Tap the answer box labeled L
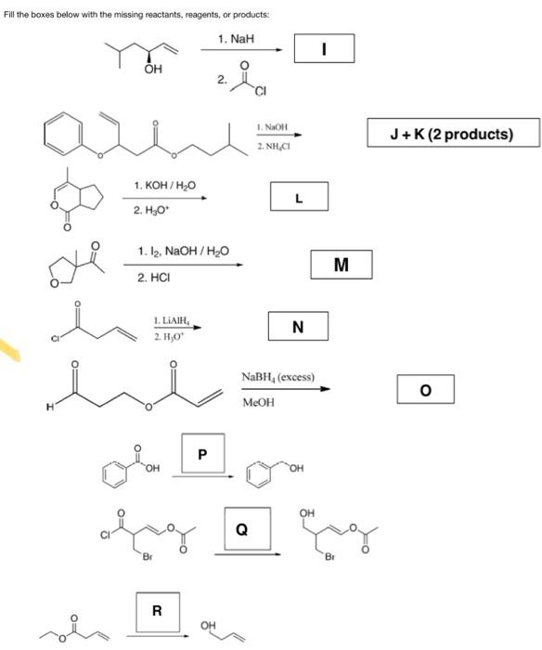pyautogui.click(x=298, y=197)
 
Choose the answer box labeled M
pyautogui.click(x=341, y=265)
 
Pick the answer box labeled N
pyautogui.click(x=297, y=326)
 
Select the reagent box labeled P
pyautogui.click(x=201, y=456)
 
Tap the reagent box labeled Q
pyautogui.click(x=242, y=530)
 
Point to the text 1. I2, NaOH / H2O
pyautogui.click(x=183, y=251)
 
